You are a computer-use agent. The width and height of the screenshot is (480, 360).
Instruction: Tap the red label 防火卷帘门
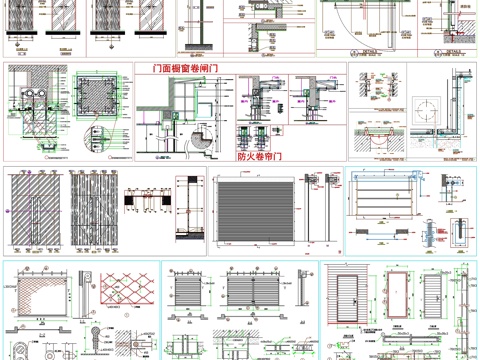[258, 157]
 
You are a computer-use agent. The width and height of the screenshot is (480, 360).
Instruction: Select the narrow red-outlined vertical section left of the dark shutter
[183, 209]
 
